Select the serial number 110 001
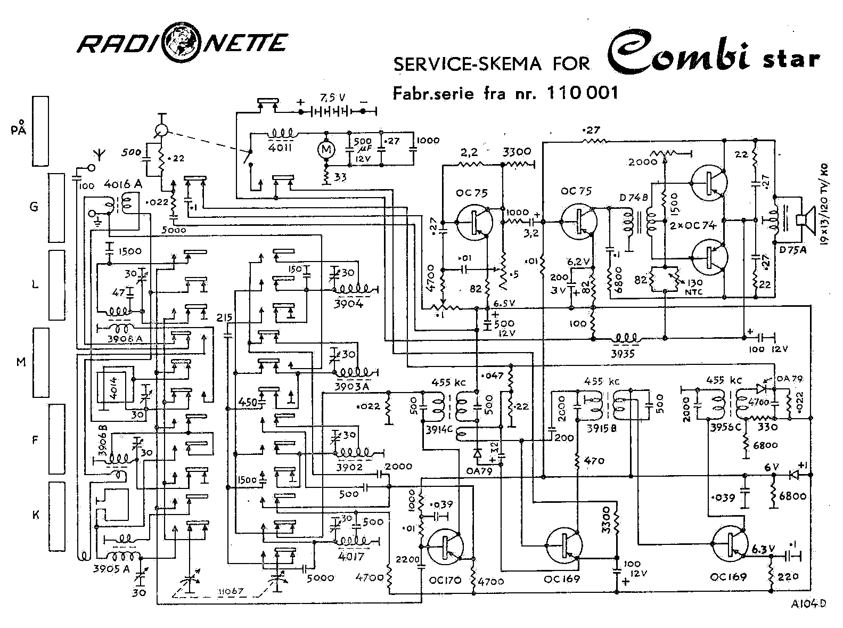pos(583,93)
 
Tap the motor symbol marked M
pos(326,151)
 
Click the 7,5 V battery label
pos(332,98)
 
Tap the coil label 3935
pos(624,353)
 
